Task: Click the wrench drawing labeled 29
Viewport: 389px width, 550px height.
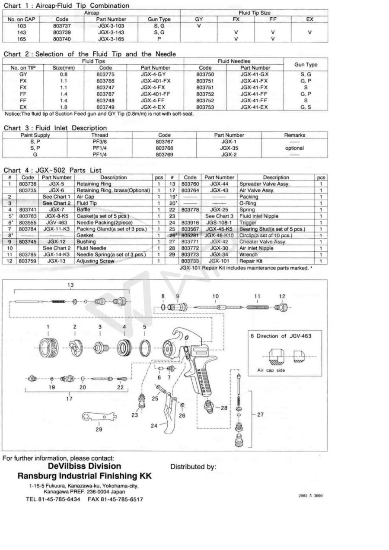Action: point(99,417)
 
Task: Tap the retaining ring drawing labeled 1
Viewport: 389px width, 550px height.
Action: point(49,348)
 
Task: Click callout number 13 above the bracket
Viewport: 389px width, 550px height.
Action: point(70,285)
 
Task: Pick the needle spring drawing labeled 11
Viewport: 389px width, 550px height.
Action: point(257,307)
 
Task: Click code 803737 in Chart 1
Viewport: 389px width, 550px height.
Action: point(62,26)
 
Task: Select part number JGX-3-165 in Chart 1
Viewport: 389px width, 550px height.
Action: point(111,39)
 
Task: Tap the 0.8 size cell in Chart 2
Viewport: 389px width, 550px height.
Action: point(64,74)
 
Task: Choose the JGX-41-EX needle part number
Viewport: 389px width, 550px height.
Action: point(254,107)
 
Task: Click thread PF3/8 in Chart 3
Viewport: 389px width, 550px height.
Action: point(99,142)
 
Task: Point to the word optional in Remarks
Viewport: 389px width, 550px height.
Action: point(294,148)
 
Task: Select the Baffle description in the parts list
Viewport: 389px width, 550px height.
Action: point(83,209)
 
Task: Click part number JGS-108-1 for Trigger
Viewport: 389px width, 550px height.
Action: point(219,222)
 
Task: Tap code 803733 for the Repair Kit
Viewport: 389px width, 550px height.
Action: point(190,261)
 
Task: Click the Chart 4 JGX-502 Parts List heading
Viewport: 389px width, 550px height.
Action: point(52,170)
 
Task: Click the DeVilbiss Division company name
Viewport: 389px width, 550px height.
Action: point(84,466)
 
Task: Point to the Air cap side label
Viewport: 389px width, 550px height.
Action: point(271,370)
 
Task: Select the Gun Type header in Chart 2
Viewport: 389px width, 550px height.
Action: point(306,65)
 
